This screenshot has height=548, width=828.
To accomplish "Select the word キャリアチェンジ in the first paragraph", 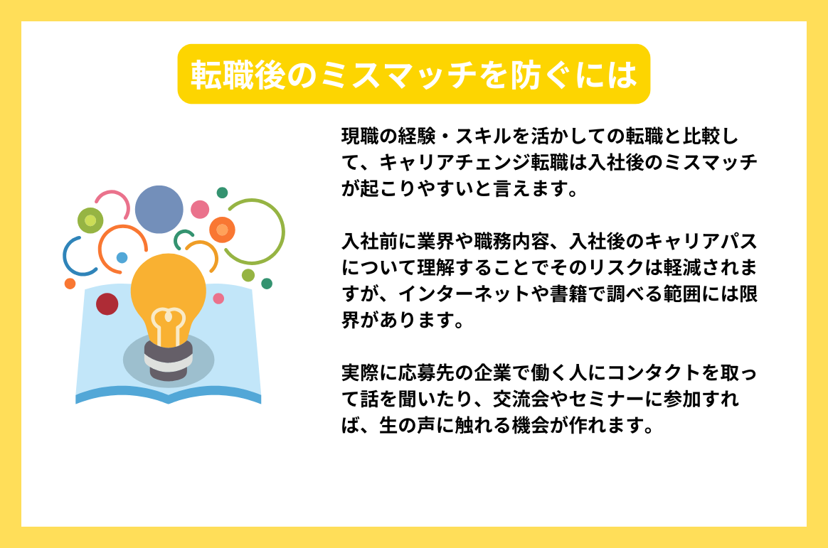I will tap(455, 163).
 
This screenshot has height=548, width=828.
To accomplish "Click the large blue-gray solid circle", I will tap(159, 210).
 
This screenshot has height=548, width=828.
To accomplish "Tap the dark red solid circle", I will tap(107, 303).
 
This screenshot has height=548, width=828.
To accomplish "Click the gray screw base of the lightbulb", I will tap(168, 360).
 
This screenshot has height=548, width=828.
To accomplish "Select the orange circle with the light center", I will tap(222, 230).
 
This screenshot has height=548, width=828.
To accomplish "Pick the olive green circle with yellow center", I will tap(90, 220).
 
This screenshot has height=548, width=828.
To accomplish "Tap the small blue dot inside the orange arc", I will tap(122, 257).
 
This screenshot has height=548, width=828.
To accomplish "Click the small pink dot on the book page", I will tap(218, 299).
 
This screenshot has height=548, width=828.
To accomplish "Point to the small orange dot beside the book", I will tap(70, 284).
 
